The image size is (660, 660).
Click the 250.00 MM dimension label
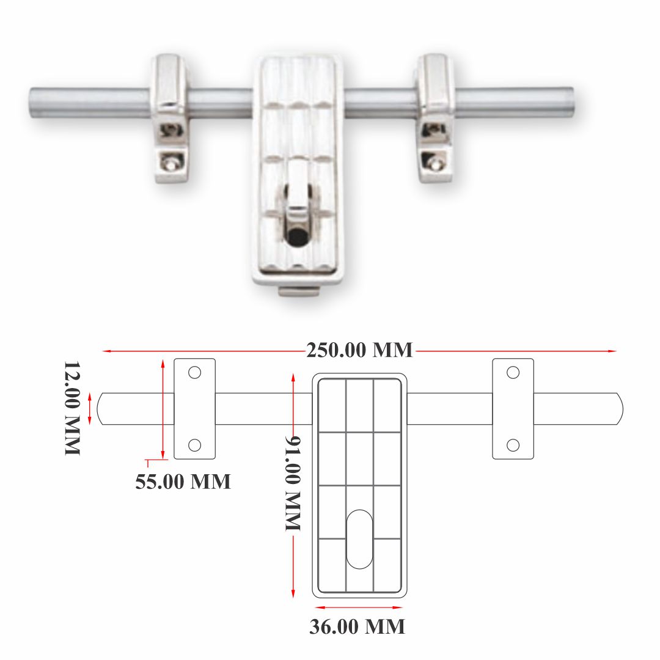[359, 350]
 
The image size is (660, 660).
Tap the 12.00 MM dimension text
[72, 408]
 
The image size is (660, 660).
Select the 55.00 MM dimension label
[183, 481]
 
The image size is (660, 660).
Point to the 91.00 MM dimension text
[294, 483]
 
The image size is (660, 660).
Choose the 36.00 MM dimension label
[357, 626]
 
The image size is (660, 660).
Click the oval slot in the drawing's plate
[359, 538]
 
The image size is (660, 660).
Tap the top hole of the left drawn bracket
[194, 372]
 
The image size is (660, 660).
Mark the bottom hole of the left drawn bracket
[194, 445]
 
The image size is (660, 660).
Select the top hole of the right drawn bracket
[513, 372]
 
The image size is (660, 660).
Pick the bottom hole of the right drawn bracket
[513, 445]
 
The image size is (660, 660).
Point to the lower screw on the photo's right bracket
[435, 163]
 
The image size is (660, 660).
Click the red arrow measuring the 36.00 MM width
[359, 607]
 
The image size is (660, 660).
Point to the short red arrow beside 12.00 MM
[90, 408]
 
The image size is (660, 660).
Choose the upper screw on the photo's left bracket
[170, 129]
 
